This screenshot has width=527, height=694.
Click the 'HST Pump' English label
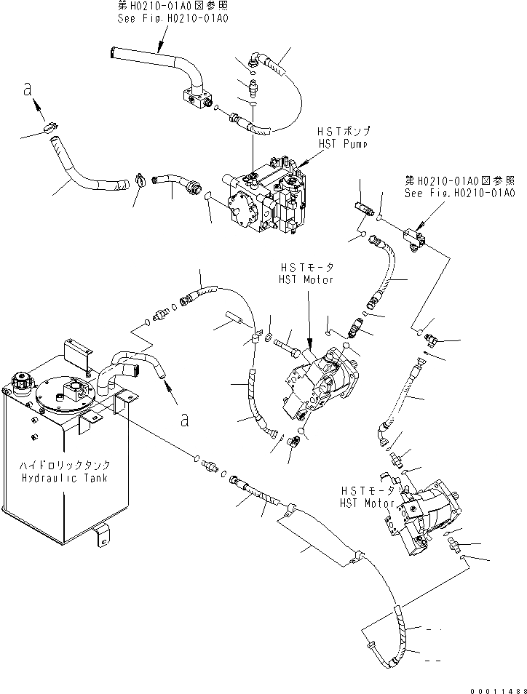[344, 144]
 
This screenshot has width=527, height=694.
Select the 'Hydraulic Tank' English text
[65, 477]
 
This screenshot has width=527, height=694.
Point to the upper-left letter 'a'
[28, 90]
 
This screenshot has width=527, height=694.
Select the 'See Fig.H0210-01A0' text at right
[460, 193]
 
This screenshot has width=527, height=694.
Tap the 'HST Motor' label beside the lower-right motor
[367, 503]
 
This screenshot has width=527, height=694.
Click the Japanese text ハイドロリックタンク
[65, 465]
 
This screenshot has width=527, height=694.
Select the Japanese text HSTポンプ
[344, 132]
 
